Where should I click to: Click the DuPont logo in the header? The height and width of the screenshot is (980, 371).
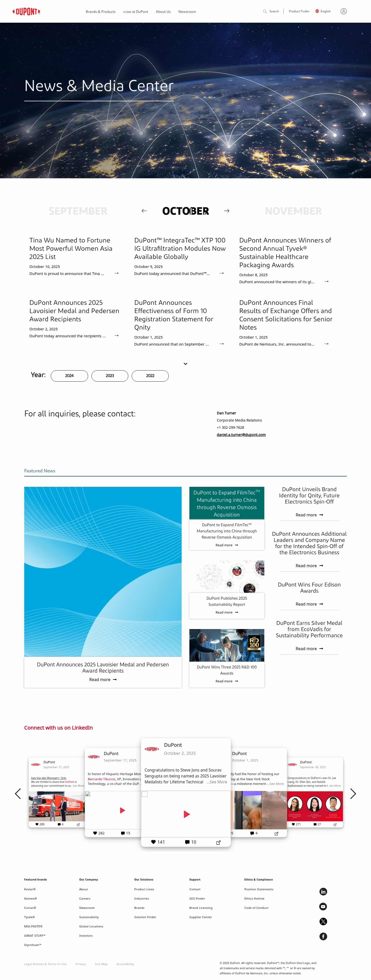click(x=26, y=11)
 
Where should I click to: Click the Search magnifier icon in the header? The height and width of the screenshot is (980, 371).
click(x=265, y=11)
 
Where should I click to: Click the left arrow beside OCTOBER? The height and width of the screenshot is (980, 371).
click(x=144, y=211)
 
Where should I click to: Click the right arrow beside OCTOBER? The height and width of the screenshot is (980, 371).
click(x=227, y=211)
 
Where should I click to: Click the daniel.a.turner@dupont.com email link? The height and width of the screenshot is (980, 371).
click(x=241, y=435)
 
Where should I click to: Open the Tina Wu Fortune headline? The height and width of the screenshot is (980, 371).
click(x=71, y=248)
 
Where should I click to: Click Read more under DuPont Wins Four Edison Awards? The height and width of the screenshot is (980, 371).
click(x=309, y=604)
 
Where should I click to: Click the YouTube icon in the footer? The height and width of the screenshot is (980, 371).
click(x=323, y=907)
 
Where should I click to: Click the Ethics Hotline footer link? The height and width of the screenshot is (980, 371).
click(x=254, y=899)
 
